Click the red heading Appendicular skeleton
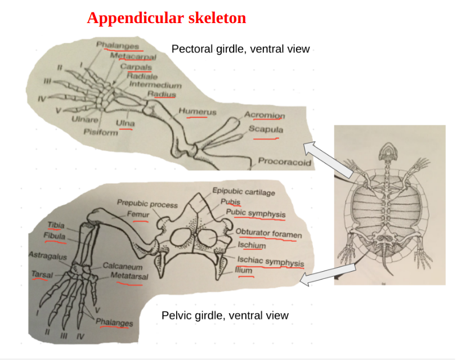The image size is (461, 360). [166, 18]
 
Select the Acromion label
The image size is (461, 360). [265, 115]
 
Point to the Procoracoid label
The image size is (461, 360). [284, 162]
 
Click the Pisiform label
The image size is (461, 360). [101, 132]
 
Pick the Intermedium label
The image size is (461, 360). [155, 85]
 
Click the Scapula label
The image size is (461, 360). [266, 129]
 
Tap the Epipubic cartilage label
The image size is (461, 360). [244, 192]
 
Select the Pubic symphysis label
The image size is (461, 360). [256, 213]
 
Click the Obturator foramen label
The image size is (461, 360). [268, 232]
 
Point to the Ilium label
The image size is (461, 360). [244, 270]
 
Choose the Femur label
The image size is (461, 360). [137, 214]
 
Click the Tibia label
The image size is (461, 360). [56, 225]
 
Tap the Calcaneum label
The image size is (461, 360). [122, 267]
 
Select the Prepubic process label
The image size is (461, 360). [147, 204]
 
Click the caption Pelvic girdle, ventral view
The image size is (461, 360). [225, 315]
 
